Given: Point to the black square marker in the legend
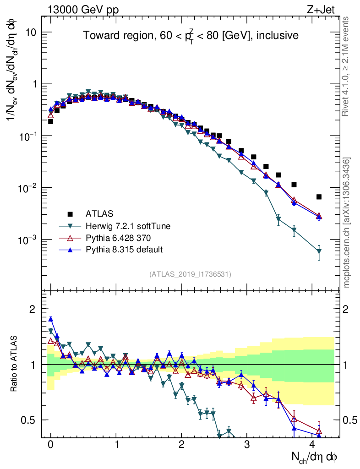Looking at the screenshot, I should click(x=70, y=213).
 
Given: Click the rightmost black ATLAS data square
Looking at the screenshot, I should click(x=319, y=197).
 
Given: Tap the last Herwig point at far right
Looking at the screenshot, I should click(x=319, y=251).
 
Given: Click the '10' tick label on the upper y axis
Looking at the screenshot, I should click(x=31, y=33).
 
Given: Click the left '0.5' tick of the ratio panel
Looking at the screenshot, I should click(x=28, y=420).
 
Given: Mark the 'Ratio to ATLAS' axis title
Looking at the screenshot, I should click(x=15, y=365).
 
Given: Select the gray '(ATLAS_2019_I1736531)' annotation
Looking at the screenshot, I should click(x=190, y=274).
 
